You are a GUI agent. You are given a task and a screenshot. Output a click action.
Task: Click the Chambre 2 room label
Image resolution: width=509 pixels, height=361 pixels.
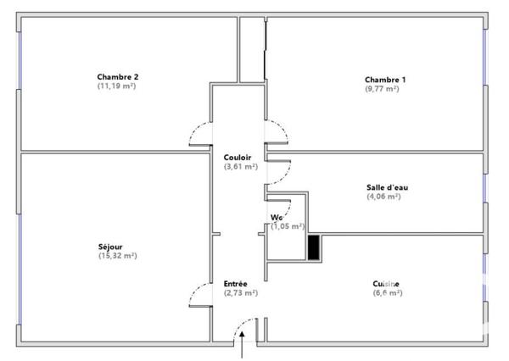tap(118, 77)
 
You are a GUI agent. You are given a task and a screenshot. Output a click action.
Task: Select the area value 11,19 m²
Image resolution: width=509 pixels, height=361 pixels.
tap(118, 86)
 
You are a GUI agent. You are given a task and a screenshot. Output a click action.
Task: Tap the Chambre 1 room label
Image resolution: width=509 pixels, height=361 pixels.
tap(385, 80)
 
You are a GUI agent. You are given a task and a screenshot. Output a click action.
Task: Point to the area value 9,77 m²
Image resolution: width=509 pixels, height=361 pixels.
tap(385, 89)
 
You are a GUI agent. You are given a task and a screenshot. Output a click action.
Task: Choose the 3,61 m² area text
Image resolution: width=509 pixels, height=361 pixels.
tap(240, 167)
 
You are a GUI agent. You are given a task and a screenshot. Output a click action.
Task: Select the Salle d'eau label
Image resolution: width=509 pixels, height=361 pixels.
tap(382, 187)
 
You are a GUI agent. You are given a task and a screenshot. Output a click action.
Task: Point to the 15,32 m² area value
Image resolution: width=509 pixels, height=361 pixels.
tap(117, 256)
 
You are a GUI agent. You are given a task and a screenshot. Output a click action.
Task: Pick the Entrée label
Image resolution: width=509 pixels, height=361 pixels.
tap(236, 283)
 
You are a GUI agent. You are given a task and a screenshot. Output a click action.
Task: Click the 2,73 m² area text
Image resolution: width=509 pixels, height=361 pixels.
tap(240, 292)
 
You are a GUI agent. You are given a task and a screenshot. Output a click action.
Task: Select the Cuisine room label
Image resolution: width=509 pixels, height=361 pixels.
tap(387, 283)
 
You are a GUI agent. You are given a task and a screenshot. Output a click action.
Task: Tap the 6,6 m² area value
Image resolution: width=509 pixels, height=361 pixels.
tap(387, 292)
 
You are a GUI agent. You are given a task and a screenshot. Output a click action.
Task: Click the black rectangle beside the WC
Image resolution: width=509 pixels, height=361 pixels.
tap(314, 247)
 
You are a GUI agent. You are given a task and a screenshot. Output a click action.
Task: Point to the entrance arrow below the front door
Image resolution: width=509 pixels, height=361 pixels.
tap(244, 346)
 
